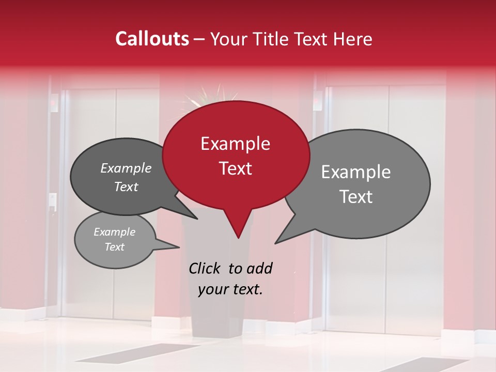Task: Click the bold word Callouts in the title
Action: pyautogui.click(x=152, y=39)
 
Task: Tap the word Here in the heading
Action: pyautogui.click(x=351, y=39)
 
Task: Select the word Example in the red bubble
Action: pyautogui.click(x=235, y=144)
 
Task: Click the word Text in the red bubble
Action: pyautogui.click(x=235, y=168)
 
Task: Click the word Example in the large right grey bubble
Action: pyautogui.click(x=356, y=172)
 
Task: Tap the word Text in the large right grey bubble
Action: pyautogui.click(x=356, y=197)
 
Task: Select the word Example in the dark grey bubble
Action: pyautogui.click(x=126, y=168)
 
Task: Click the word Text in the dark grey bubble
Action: pyautogui.click(x=126, y=187)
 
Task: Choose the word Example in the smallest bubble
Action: pyautogui.click(x=115, y=232)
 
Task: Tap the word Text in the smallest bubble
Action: pyautogui.click(x=115, y=247)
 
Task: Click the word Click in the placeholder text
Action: pyautogui.click(x=205, y=268)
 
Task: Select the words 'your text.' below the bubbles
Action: pyautogui.click(x=230, y=289)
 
